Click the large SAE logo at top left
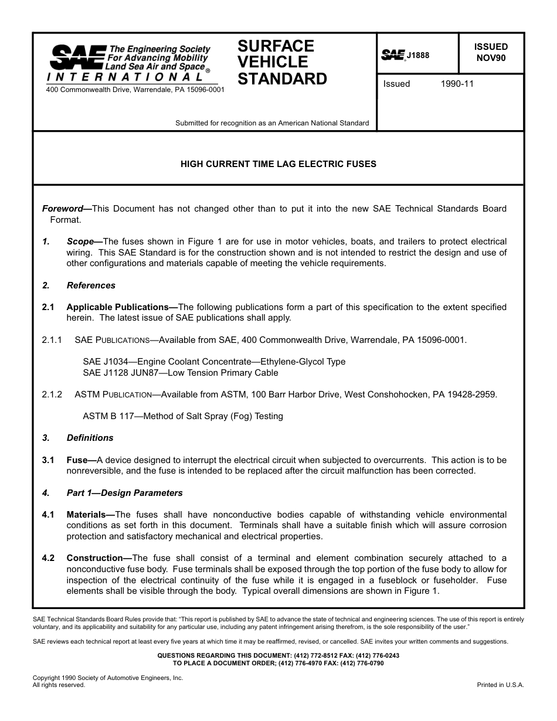click(78, 57)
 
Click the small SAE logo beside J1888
click(393, 55)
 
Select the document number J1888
click(418, 56)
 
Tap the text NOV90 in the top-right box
click(491, 58)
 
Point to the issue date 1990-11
click(457, 84)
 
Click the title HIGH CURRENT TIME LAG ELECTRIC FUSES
click(278, 164)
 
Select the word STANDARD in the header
click(282, 79)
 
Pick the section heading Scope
click(80, 242)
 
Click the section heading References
click(91, 285)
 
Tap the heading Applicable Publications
click(117, 307)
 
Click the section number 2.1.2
click(52, 394)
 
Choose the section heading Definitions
click(90, 438)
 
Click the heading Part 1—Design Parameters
click(124, 493)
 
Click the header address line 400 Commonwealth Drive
click(135, 90)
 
